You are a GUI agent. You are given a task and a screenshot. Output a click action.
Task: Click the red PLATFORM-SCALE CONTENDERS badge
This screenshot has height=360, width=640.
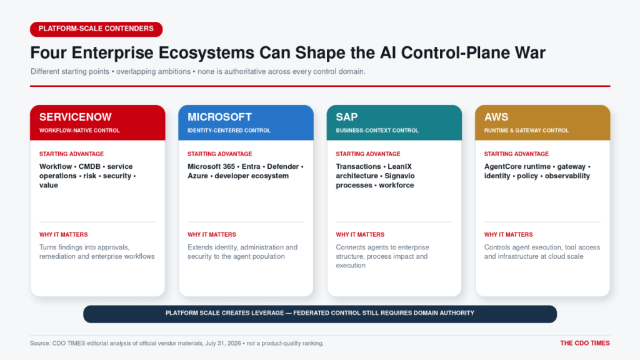pyautogui.click(x=96, y=29)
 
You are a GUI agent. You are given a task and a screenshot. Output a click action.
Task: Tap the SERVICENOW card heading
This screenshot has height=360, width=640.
pyautogui.click(x=76, y=117)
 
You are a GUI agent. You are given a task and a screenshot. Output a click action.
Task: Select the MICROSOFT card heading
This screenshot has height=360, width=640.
pyautogui.click(x=219, y=117)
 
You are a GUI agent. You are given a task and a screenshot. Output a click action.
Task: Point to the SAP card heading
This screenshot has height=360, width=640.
pyautogui.click(x=347, y=117)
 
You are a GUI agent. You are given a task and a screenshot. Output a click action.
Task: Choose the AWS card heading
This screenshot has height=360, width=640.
pyautogui.click(x=496, y=117)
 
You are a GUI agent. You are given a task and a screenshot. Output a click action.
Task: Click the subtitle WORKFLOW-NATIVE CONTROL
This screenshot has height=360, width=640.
pyautogui.click(x=79, y=131)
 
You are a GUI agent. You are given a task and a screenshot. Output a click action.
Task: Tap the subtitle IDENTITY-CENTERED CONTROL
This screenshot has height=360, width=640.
pyautogui.click(x=229, y=131)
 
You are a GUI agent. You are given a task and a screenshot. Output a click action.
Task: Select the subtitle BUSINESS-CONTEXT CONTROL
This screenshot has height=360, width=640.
pyautogui.click(x=377, y=131)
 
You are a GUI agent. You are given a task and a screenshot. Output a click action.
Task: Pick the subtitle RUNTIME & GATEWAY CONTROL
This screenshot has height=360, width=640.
pyautogui.click(x=526, y=131)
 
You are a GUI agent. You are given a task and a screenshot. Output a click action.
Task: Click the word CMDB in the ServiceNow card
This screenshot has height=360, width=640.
pyautogui.click(x=89, y=166)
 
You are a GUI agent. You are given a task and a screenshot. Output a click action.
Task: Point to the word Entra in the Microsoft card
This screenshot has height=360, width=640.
pyautogui.click(x=251, y=166)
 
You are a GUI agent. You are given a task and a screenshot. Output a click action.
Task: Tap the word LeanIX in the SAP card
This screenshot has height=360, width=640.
pyautogui.click(x=400, y=166)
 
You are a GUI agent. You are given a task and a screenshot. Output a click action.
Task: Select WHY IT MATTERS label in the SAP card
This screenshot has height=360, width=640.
pyautogui.click(x=360, y=235)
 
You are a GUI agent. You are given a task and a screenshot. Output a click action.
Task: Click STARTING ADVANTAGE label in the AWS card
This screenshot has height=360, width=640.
pyautogui.click(x=516, y=154)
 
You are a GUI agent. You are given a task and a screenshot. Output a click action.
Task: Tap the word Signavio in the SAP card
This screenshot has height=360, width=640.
pyautogui.click(x=399, y=176)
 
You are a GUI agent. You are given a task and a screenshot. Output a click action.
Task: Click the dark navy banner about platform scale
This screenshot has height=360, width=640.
pyautogui.click(x=320, y=314)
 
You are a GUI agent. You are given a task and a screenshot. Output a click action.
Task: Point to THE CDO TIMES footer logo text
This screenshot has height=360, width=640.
pyautogui.click(x=585, y=343)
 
